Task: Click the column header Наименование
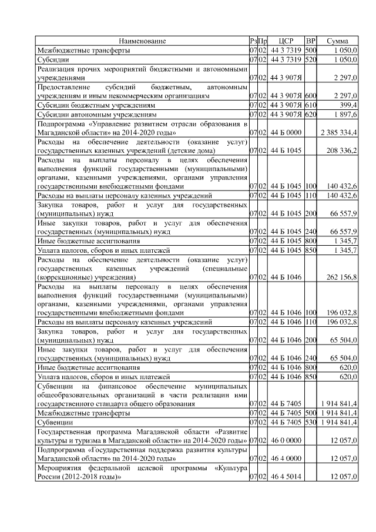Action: point(142,41)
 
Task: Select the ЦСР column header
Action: point(286,41)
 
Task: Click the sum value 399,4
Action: point(346,104)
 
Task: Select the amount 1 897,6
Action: point(344,114)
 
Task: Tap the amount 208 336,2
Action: point(343,150)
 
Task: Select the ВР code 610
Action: point(311,104)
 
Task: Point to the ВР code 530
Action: point(311,422)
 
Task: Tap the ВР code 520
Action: point(311,60)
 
